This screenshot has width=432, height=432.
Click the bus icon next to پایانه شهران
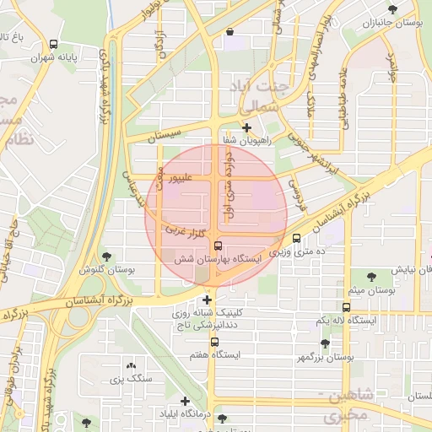pos(54,44)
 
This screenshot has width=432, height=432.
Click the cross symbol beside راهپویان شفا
pos(246,128)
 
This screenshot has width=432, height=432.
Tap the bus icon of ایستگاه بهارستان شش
pos(219,246)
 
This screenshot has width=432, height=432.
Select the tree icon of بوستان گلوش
pos(105,256)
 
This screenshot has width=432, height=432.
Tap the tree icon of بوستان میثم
pos(371,276)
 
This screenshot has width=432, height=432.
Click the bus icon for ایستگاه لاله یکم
pos(346,307)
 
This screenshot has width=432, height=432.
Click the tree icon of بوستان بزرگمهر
pos(325,343)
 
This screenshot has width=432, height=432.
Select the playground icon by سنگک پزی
pos(131,365)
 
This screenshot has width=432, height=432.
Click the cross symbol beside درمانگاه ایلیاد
pos(185,401)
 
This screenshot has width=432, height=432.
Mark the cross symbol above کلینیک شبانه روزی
pos(207,300)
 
